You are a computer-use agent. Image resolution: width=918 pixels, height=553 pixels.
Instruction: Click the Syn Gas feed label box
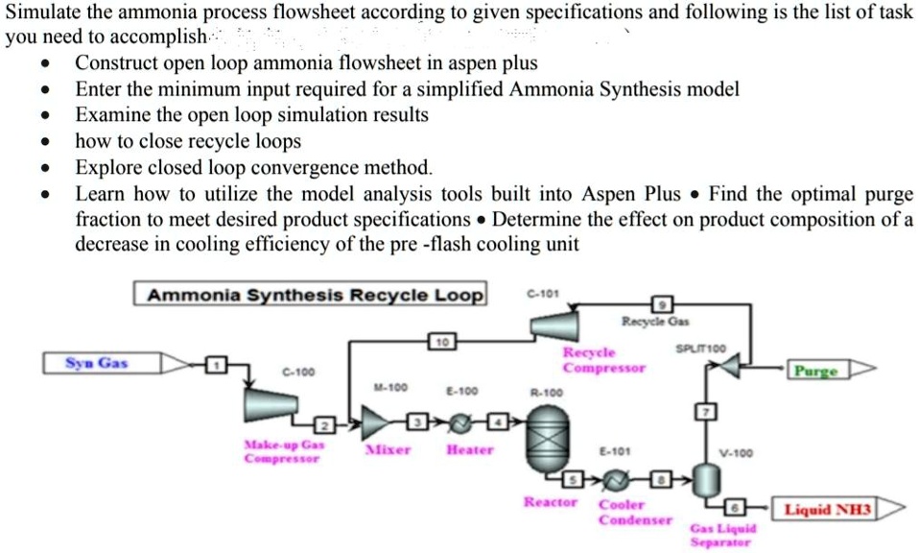(97, 364)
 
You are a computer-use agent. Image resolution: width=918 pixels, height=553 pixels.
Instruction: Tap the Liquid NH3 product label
(827, 509)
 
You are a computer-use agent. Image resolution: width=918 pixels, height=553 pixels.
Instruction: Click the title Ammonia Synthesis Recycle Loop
(312, 295)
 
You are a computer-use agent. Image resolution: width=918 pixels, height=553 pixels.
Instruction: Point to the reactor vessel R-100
(550, 433)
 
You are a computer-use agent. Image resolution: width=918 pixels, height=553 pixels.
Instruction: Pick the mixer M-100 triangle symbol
(374, 421)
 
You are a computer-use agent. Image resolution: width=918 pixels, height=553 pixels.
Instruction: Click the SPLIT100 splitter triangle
(733, 366)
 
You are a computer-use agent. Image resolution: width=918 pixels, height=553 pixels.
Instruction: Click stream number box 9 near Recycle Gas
(660, 304)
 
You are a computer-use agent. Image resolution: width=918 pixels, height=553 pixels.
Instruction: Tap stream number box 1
(217, 364)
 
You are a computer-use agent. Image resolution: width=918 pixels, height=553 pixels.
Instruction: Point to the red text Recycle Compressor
(603, 360)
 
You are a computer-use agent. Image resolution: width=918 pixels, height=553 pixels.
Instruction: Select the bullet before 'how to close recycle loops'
(43, 142)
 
